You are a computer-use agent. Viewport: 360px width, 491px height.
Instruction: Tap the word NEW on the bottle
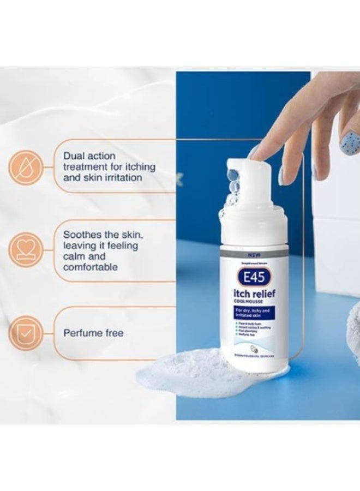pos(253,254)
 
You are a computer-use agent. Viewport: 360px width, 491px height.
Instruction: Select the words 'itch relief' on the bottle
pos(254,295)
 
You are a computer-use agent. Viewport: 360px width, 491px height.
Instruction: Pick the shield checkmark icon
pos(23,332)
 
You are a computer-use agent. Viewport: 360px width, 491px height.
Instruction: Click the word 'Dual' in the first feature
pos(76,155)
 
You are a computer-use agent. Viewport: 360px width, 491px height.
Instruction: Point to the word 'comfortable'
pos(91,267)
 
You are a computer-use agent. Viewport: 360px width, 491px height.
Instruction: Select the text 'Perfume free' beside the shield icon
pos(93,333)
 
